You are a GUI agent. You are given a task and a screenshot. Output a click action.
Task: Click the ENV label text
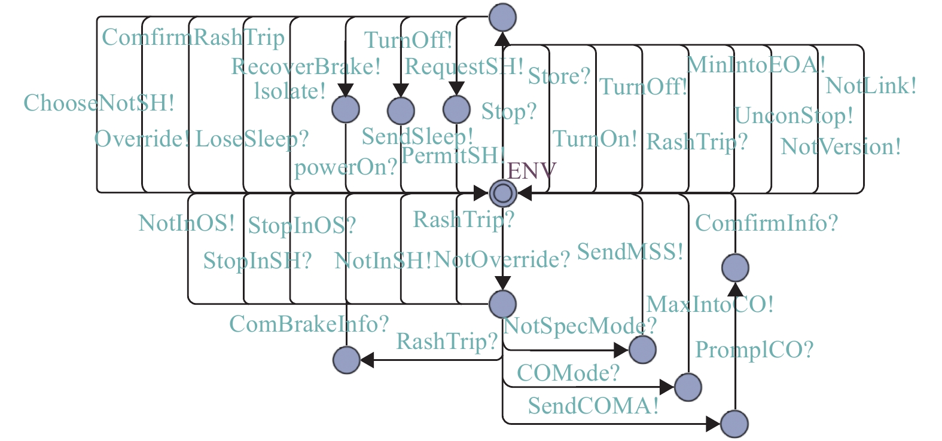point(531,171)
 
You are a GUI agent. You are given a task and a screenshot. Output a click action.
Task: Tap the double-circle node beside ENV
point(502,193)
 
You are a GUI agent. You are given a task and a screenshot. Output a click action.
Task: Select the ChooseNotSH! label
point(99,103)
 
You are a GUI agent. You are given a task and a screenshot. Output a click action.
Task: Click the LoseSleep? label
point(252,139)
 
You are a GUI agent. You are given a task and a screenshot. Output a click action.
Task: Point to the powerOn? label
point(346,167)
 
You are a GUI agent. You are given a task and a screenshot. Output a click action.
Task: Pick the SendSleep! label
point(417,137)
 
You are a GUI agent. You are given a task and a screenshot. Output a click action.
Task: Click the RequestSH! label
point(464,66)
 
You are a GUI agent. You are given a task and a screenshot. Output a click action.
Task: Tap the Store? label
point(559,76)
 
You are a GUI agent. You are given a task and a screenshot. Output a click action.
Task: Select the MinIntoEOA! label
point(756,64)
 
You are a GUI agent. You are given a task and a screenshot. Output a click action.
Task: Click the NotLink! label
point(871,86)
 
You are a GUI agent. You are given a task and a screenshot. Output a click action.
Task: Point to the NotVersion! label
point(840,146)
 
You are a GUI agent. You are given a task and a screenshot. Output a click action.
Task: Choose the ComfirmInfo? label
point(766,223)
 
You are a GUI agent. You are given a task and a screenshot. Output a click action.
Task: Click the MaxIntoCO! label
point(710,305)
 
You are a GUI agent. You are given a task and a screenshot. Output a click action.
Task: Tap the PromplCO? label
point(754,350)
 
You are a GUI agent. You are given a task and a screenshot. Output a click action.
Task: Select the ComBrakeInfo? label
point(309,324)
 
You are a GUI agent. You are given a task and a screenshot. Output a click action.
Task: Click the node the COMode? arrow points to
point(688,387)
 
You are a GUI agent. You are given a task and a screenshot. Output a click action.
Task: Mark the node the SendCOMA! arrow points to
point(734,424)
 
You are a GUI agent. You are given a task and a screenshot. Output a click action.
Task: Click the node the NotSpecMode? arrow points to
point(642,350)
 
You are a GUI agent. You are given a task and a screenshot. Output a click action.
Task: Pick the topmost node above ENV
point(502,17)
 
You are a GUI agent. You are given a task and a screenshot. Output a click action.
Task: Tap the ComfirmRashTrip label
point(193,38)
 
